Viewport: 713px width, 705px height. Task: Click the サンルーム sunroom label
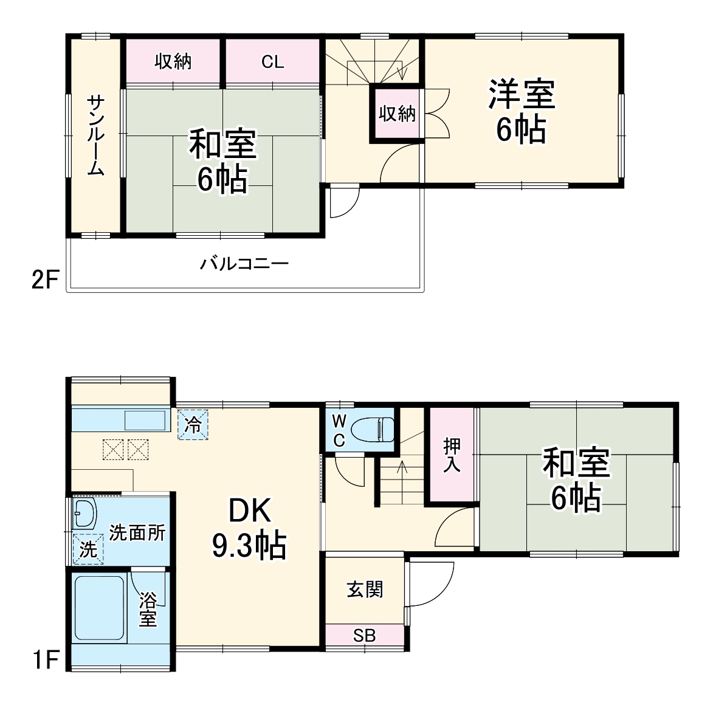[x=95, y=135]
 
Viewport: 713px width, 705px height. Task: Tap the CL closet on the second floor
[x=272, y=61]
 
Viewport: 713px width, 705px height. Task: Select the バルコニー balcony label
[x=244, y=264]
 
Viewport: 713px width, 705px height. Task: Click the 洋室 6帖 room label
[x=522, y=112]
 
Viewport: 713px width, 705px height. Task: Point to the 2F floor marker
[x=44, y=280]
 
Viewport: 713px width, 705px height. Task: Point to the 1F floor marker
[x=44, y=659]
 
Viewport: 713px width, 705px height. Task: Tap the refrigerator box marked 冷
[x=193, y=424]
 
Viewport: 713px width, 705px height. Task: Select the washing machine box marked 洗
[x=88, y=549]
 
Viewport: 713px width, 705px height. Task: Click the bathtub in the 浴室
[x=99, y=608]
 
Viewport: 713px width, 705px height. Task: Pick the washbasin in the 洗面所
[x=84, y=515]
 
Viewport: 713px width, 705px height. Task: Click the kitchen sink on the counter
[x=145, y=420]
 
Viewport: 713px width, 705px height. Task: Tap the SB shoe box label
[x=365, y=636]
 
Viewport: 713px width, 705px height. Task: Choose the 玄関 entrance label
[x=365, y=589]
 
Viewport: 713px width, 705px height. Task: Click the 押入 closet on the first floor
[x=452, y=455]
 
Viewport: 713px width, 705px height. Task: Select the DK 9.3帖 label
[x=249, y=528]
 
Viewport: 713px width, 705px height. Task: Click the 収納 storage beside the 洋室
[x=397, y=114]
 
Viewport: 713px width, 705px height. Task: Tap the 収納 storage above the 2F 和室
[x=173, y=61]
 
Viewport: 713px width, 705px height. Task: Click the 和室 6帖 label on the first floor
[x=576, y=480]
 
